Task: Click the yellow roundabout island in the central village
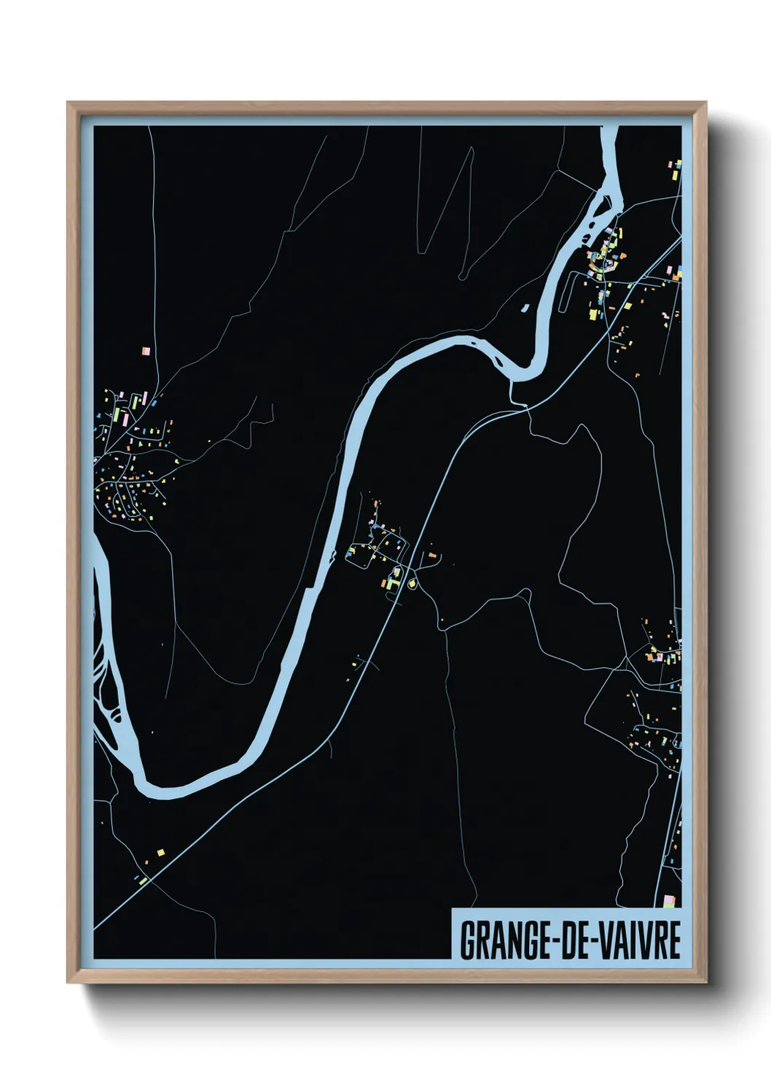(x=413, y=583)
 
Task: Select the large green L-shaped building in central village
(x=394, y=583)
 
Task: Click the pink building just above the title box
(x=669, y=902)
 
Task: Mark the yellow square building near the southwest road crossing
(x=160, y=851)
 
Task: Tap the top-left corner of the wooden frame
(x=69, y=103)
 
